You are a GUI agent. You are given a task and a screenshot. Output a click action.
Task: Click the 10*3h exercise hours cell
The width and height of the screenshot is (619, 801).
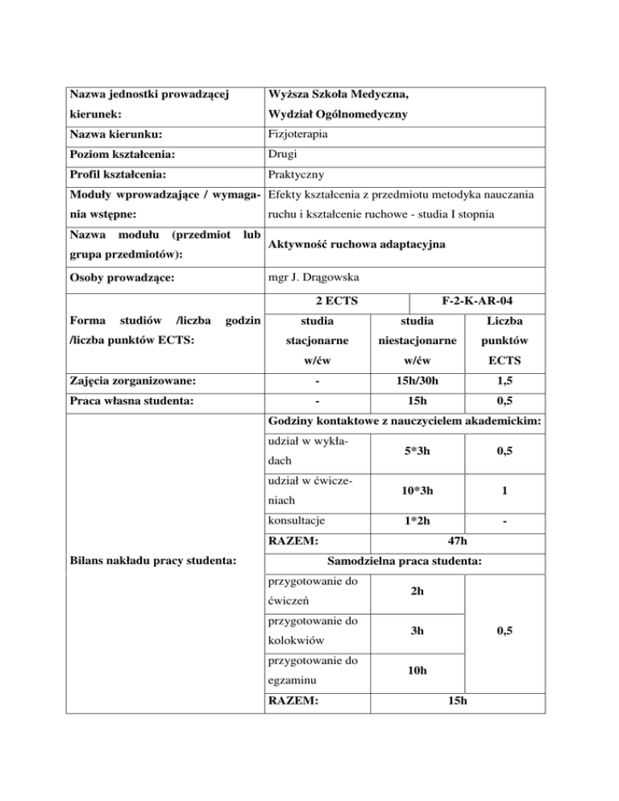tap(417, 492)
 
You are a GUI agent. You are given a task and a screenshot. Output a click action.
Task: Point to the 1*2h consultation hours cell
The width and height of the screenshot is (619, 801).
tap(417, 521)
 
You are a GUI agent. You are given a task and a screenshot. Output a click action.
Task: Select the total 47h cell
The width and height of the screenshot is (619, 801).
tap(456, 542)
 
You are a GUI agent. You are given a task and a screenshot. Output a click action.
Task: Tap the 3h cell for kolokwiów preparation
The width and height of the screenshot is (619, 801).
tap(417, 633)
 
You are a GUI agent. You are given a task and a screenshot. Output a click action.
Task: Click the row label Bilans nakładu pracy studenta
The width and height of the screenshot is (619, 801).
tap(154, 558)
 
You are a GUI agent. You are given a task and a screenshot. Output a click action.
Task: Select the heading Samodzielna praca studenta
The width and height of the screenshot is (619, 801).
tap(403, 558)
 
